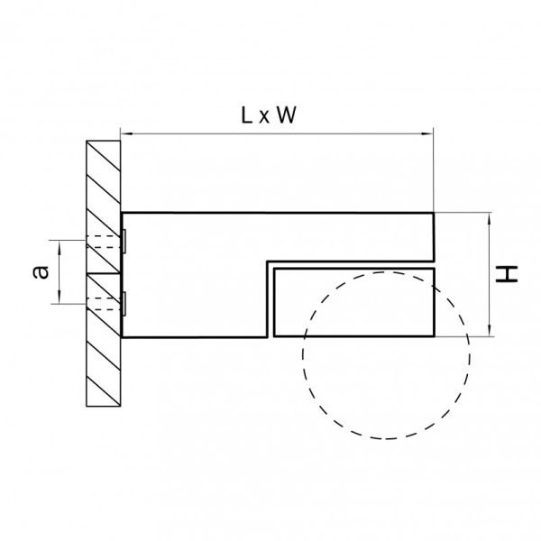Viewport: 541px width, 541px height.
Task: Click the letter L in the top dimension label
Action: click(x=246, y=115)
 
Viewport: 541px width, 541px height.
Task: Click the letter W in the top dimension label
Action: click(x=287, y=115)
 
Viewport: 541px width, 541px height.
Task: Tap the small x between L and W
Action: click(x=264, y=117)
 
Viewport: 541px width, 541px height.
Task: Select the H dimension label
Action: click(x=507, y=274)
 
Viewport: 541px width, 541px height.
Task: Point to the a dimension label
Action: click(x=41, y=272)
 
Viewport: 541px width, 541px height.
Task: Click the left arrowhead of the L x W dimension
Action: click(x=125, y=133)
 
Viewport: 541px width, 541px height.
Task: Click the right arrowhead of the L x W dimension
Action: click(x=427, y=133)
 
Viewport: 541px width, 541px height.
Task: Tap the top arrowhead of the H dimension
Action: click(x=489, y=217)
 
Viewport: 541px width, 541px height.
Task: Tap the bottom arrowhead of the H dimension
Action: click(x=489, y=331)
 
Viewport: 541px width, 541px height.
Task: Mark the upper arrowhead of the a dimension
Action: click(x=60, y=245)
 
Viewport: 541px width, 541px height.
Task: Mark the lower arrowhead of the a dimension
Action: click(x=60, y=298)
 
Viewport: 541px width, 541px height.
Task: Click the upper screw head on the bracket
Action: click(x=124, y=241)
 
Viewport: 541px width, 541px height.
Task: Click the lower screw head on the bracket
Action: click(x=124, y=304)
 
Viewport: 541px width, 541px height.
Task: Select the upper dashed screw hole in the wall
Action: click(x=103, y=242)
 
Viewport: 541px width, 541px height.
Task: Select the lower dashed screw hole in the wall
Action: click(x=103, y=304)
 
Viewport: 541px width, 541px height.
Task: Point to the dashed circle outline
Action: click(x=386, y=355)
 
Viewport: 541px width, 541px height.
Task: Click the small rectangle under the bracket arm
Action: click(x=354, y=302)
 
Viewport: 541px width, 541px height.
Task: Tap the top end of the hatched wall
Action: click(x=103, y=141)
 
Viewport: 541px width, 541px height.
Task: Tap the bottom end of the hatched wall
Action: click(x=103, y=406)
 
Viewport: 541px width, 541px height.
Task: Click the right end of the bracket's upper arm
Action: click(x=434, y=237)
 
